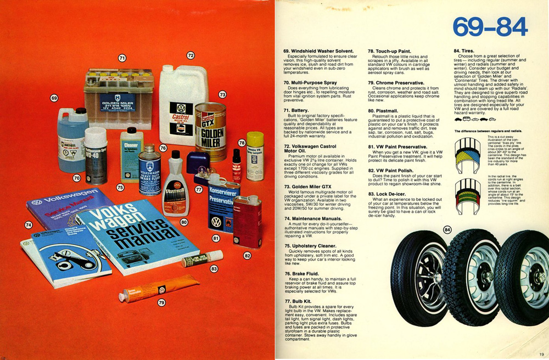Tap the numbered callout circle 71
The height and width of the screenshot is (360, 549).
pyautogui.click(x=122, y=58)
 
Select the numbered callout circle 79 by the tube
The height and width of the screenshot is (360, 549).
pyautogui.click(x=161, y=302)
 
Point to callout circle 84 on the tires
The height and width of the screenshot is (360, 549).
pyautogui.click(x=447, y=229)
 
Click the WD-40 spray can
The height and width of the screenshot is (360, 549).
pyautogui.click(x=96, y=155)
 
